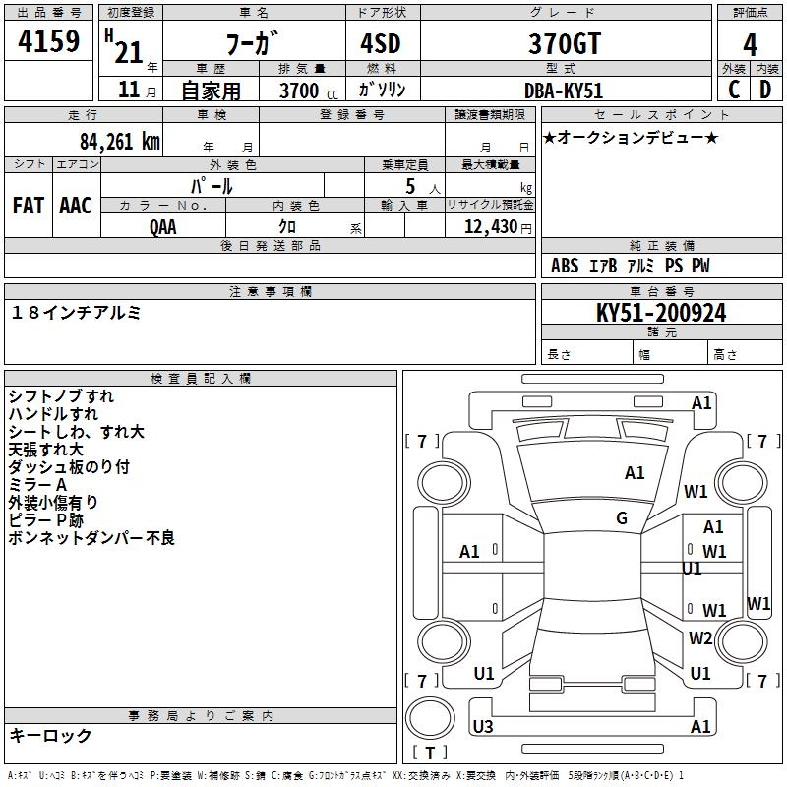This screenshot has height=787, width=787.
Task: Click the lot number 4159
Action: point(49,43)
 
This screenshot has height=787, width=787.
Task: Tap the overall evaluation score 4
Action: point(751,44)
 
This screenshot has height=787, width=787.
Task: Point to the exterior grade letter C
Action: point(733,89)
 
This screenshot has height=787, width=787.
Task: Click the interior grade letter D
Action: point(765,89)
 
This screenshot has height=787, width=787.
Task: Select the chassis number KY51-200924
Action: point(661,313)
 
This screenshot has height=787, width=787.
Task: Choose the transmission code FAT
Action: point(29,205)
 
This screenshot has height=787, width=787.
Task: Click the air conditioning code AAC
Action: point(76,205)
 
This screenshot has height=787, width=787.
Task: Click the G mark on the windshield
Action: point(622,518)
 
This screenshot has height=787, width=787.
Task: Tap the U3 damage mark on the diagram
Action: point(483,727)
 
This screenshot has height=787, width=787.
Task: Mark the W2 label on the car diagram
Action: point(700,638)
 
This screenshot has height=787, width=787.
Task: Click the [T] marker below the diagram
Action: point(429,754)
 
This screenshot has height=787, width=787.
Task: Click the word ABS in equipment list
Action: point(565,266)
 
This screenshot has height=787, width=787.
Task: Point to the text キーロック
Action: point(51,735)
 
